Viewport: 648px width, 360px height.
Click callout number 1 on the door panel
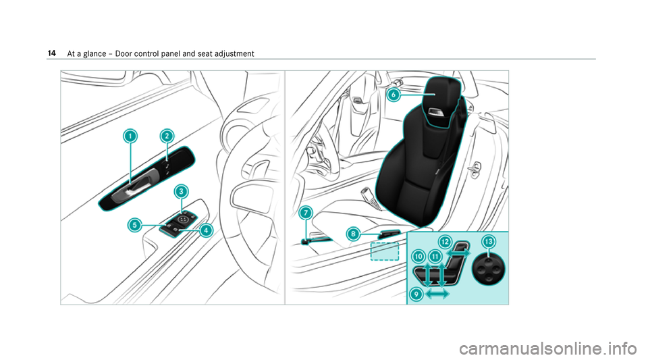(x=130, y=136)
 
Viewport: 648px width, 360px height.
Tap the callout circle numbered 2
(x=167, y=136)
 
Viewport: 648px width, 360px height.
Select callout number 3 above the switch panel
(x=181, y=191)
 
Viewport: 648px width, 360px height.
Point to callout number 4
(x=206, y=230)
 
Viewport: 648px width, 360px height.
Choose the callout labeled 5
(x=135, y=226)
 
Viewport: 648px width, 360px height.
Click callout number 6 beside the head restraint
(x=394, y=95)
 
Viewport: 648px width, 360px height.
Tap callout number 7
(x=305, y=213)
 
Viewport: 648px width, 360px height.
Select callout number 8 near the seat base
(x=353, y=234)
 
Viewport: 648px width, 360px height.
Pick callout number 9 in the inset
(x=416, y=294)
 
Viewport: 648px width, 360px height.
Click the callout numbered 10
(x=418, y=257)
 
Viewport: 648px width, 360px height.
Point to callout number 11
(x=435, y=257)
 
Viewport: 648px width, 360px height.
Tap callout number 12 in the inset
(x=445, y=242)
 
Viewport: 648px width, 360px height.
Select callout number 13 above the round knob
(x=489, y=242)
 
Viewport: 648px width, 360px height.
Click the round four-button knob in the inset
(x=489, y=269)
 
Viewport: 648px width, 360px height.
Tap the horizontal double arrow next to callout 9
(x=437, y=294)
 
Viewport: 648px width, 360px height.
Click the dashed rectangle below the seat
(x=384, y=252)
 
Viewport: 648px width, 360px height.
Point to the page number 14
(x=52, y=53)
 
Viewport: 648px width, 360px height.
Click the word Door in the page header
(x=123, y=54)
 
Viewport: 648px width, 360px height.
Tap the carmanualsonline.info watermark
(x=547, y=349)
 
